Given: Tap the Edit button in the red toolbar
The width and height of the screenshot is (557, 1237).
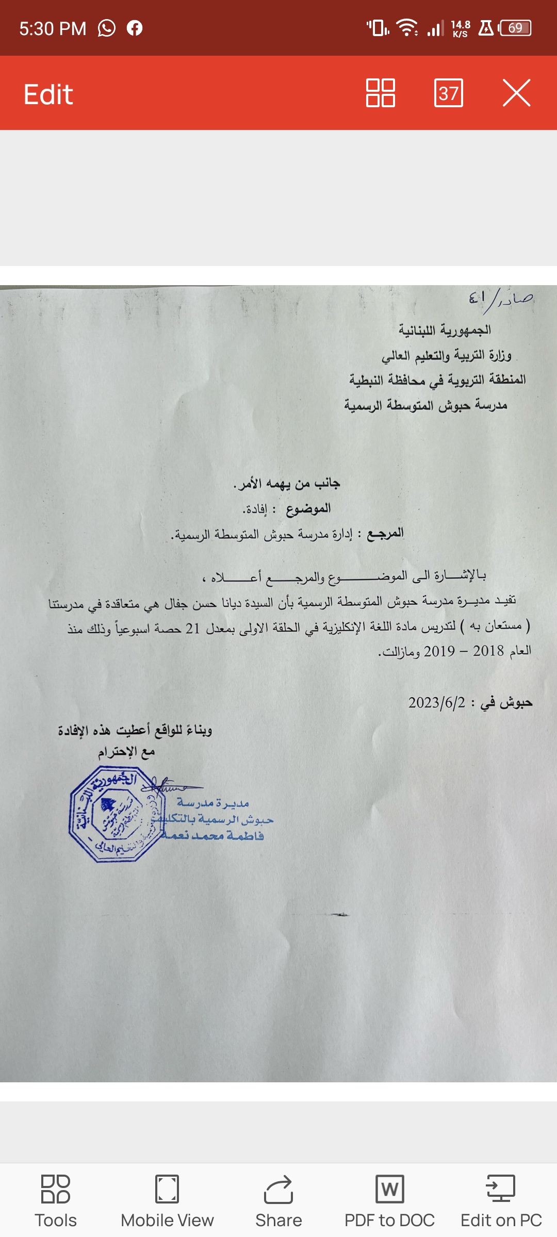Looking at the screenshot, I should [48, 94].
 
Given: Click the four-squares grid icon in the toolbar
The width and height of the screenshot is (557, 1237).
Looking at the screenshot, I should [380, 93].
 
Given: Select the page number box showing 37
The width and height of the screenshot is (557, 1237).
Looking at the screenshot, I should [448, 93].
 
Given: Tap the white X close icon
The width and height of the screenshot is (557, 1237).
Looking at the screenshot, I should [516, 93].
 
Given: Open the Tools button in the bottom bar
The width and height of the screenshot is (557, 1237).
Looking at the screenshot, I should [56, 1201].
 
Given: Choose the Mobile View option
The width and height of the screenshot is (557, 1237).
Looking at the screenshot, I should [167, 1201].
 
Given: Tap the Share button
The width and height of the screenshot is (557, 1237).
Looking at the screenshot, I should [278, 1201].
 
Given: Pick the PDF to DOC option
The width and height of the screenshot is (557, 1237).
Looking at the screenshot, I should [389, 1201].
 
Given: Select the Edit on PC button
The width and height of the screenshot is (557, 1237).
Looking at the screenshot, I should [501, 1201].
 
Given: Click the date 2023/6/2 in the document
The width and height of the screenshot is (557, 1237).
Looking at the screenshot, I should [437, 703].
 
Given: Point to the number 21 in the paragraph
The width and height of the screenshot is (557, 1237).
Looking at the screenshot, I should [193, 629].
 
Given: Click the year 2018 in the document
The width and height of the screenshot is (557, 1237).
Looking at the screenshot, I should [488, 651].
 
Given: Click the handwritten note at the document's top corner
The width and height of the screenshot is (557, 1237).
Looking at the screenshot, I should [500, 299].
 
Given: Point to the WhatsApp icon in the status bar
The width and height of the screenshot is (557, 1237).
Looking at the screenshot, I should [107, 28].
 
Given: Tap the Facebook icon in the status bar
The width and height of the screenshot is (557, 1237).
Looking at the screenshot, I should [135, 28].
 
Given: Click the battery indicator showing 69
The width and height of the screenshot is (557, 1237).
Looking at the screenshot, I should [515, 28].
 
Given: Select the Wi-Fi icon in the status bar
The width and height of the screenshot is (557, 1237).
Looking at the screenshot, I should [407, 28].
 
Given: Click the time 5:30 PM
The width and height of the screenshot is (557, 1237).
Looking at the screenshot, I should [53, 28].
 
